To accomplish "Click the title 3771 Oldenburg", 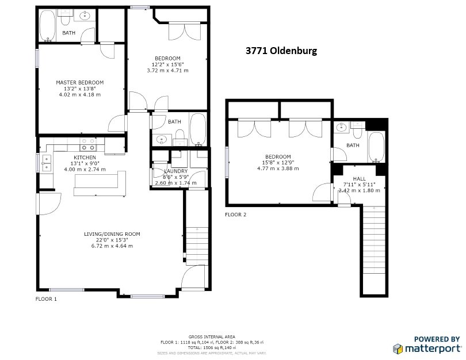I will [281, 51].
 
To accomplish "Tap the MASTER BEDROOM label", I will [79, 83].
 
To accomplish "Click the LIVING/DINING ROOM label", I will [112, 234].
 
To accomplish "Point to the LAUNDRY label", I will [175, 171].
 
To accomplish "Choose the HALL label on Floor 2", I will [359, 179].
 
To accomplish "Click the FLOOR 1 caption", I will [47, 299].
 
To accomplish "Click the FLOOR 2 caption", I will [235, 215].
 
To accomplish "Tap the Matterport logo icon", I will [398, 348].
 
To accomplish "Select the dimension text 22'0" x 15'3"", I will [112, 240].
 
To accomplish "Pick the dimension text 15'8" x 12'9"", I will [277, 163].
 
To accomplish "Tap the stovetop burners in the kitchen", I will [88, 141].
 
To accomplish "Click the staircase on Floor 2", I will [373, 247].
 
